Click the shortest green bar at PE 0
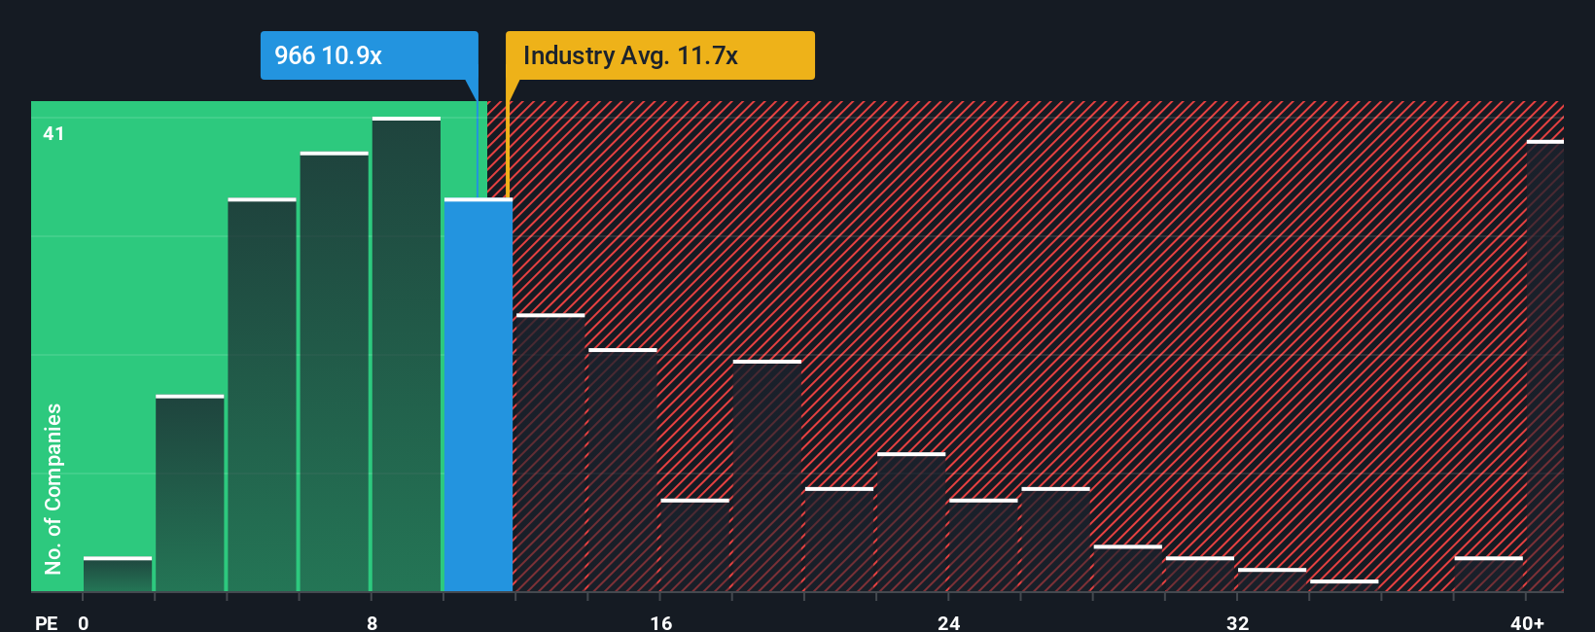click(x=118, y=575)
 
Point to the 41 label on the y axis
click(x=53, y=133)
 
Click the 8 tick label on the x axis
click(x=372, y=622)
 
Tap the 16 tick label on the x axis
click(x=660, y=622)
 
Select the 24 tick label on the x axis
click(x=948, y=622)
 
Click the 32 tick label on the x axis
click(x=1237, y=622)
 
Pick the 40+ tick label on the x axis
click(x=1526, y=622)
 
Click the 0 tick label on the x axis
click(x=84, y=622)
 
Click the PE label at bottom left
click(x=46, y=622)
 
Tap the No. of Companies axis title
click(x=53, y=488)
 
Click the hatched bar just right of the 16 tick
click(x=694, y=545)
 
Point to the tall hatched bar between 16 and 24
click(x=767, y=476)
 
